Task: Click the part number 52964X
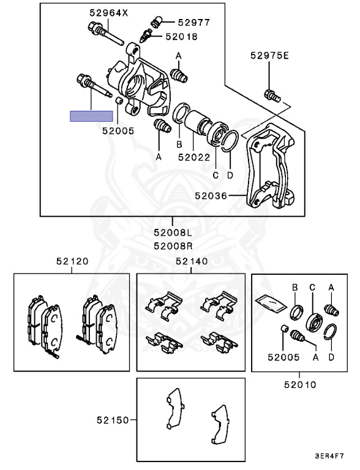[108, 13]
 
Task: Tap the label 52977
[194, 22]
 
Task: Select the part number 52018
[181, 37]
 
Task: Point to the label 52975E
[269, 56]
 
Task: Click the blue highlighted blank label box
[91, 116]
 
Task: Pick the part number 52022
[194, 157]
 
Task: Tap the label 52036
[211, 196]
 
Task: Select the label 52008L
[173, 233]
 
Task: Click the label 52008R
[173, 246]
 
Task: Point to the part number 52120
[72, 261]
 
